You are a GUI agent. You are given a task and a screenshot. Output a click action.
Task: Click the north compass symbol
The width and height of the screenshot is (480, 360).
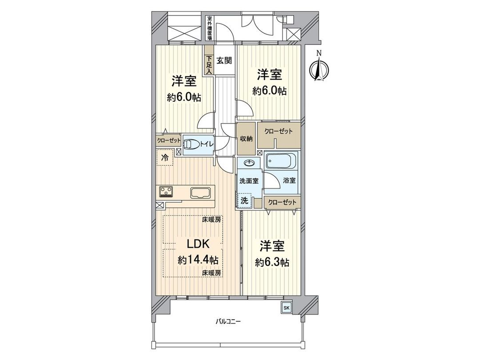coord(318,68)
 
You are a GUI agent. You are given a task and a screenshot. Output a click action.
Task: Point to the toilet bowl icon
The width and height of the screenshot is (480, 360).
coord(192,144)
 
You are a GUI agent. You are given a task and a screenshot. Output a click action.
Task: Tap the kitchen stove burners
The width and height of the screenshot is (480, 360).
coord(167,192)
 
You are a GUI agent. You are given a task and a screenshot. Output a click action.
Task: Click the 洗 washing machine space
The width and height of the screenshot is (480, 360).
coord(244,200)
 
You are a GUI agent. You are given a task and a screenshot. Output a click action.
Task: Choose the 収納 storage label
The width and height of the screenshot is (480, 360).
coord(246,139)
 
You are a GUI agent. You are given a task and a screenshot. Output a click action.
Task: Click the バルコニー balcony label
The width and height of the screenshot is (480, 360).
coord(229,321)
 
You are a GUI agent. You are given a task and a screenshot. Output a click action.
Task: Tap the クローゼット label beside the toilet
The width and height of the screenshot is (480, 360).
coord(168,140)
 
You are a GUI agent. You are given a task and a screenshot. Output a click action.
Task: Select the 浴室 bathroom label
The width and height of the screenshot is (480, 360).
coord(289,181)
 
